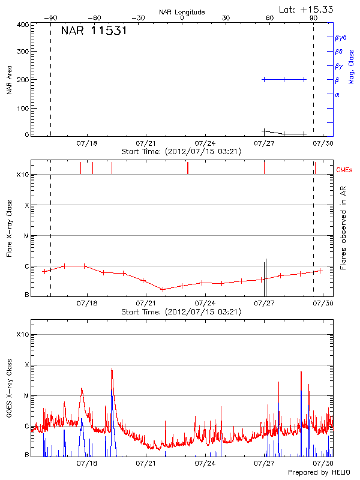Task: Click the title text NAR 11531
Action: [x=94, y=31]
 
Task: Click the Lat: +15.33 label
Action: [x=307, y=9]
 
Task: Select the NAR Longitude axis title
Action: [x=182, y=12]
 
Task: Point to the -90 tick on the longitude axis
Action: [x=50, y=19]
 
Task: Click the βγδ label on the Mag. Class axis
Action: [x=340, y=37]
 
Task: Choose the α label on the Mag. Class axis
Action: [x=337, y=94]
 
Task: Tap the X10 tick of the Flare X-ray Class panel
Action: [x=22, y=175]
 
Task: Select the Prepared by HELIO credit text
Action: [x=319, y=473]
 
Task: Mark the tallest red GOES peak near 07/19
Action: [x=112, y=370]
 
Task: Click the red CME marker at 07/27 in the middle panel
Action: [x=264, y=167]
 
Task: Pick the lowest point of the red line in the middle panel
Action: [x=163, y=289]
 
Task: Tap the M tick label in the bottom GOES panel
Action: [x=27, y=395]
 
